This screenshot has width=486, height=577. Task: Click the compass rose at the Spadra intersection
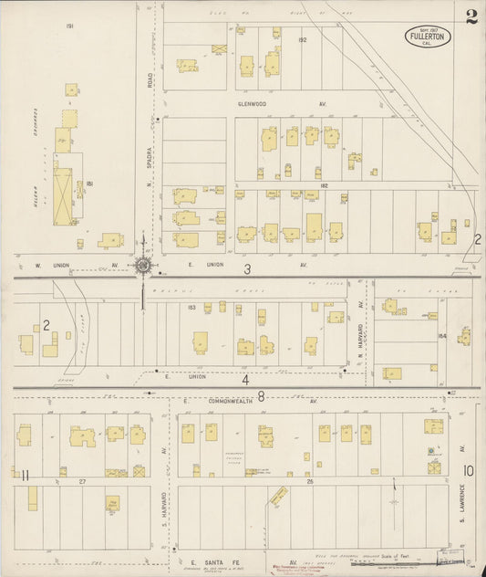(x=143, y=266)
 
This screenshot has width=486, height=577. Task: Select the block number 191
(x=69, y=26)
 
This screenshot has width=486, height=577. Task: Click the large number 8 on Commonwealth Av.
(x=261, y=395)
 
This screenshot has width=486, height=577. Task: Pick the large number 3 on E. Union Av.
(x=246, y=269)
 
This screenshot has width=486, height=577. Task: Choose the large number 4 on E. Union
(x=245, y=378)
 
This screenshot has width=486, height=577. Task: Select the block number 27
(x=81, y=480)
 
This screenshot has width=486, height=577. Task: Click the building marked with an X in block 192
(x=219, y=48)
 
